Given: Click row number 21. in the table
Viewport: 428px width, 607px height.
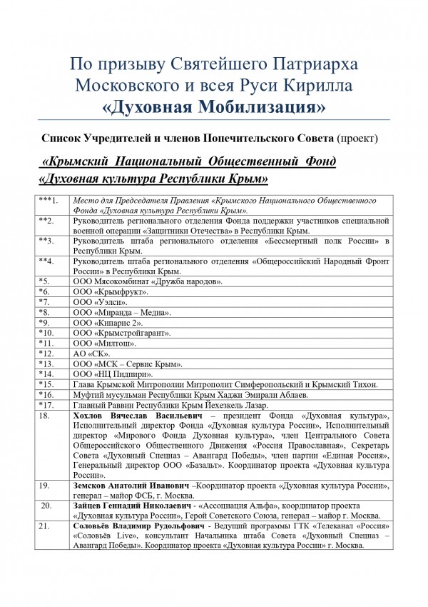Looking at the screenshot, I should point(46,526).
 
